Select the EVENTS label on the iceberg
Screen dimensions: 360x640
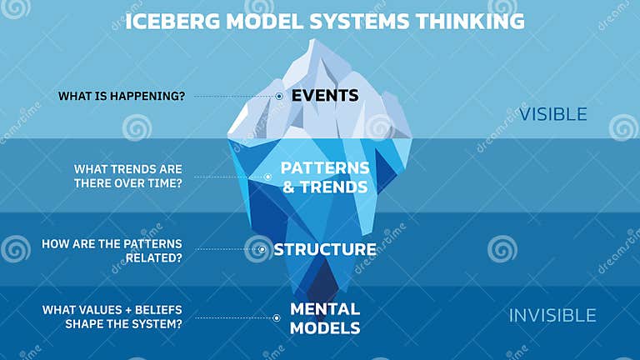324,95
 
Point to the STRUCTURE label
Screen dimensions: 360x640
324,249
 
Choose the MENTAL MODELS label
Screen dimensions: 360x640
324,317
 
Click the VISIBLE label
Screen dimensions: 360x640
552,114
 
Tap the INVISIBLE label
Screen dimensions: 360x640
552,315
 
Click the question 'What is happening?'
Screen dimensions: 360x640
122,96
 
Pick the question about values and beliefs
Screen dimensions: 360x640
112,317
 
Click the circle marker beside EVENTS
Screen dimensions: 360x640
279,96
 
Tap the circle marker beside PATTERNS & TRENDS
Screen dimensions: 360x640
267,177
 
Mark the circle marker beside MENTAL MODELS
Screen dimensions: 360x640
277,317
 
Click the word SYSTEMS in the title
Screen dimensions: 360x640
353,21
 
